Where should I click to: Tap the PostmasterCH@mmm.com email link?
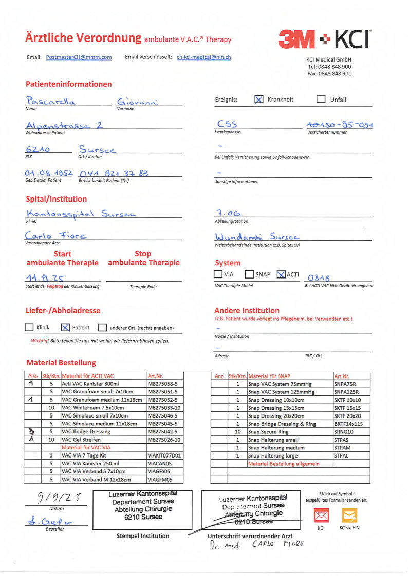click(79, 57)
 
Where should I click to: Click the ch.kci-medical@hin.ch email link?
click(203, 57)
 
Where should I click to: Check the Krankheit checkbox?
click(259, 100)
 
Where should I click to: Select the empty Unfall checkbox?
click(321, 100)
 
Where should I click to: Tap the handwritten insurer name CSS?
click(227, 124)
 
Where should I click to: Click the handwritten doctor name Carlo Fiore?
click(55, 235)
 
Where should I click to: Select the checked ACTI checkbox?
click(281, 274)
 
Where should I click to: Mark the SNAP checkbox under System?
click(249, 274)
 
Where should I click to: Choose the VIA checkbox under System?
click(218, 274)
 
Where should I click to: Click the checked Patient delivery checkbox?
click(65, 327)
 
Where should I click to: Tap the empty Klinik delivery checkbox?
click(29, 327)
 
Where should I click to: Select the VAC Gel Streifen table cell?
click(103, 440)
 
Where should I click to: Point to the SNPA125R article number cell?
click(348, 392)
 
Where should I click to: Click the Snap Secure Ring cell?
click(289, 432)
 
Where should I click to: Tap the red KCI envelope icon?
click(321, 514)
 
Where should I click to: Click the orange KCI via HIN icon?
click(349, 514)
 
